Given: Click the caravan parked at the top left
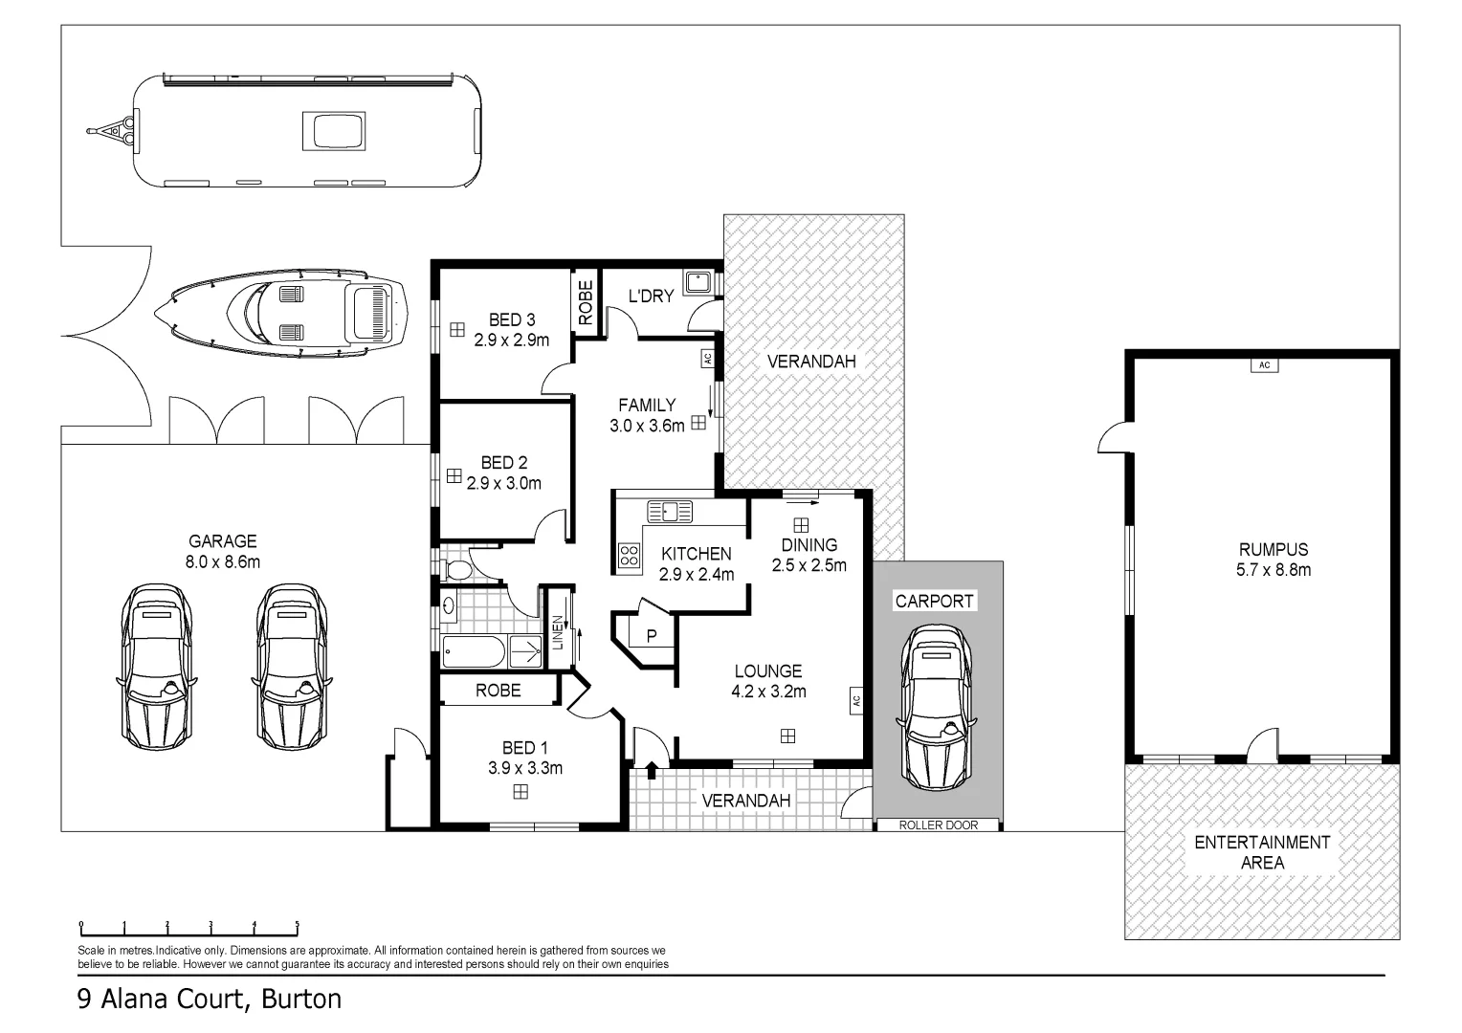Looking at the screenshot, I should coord(306,130).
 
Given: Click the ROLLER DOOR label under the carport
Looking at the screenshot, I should coord(939,824).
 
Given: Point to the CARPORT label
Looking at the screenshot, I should coord(934,601).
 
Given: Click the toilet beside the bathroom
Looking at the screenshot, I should coord(458,571).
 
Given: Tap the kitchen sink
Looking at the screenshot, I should coord(669,512).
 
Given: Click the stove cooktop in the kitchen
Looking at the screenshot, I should coord(629,555).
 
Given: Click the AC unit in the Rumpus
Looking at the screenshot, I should coord(1263,365).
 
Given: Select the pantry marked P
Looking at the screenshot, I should coord(651,635).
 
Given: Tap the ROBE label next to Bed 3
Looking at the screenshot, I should coord(587,302).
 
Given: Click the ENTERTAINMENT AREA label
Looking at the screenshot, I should coord(1261,852).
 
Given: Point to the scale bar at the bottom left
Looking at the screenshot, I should coord(188,927).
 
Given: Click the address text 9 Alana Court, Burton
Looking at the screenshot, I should coord(209,1000).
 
